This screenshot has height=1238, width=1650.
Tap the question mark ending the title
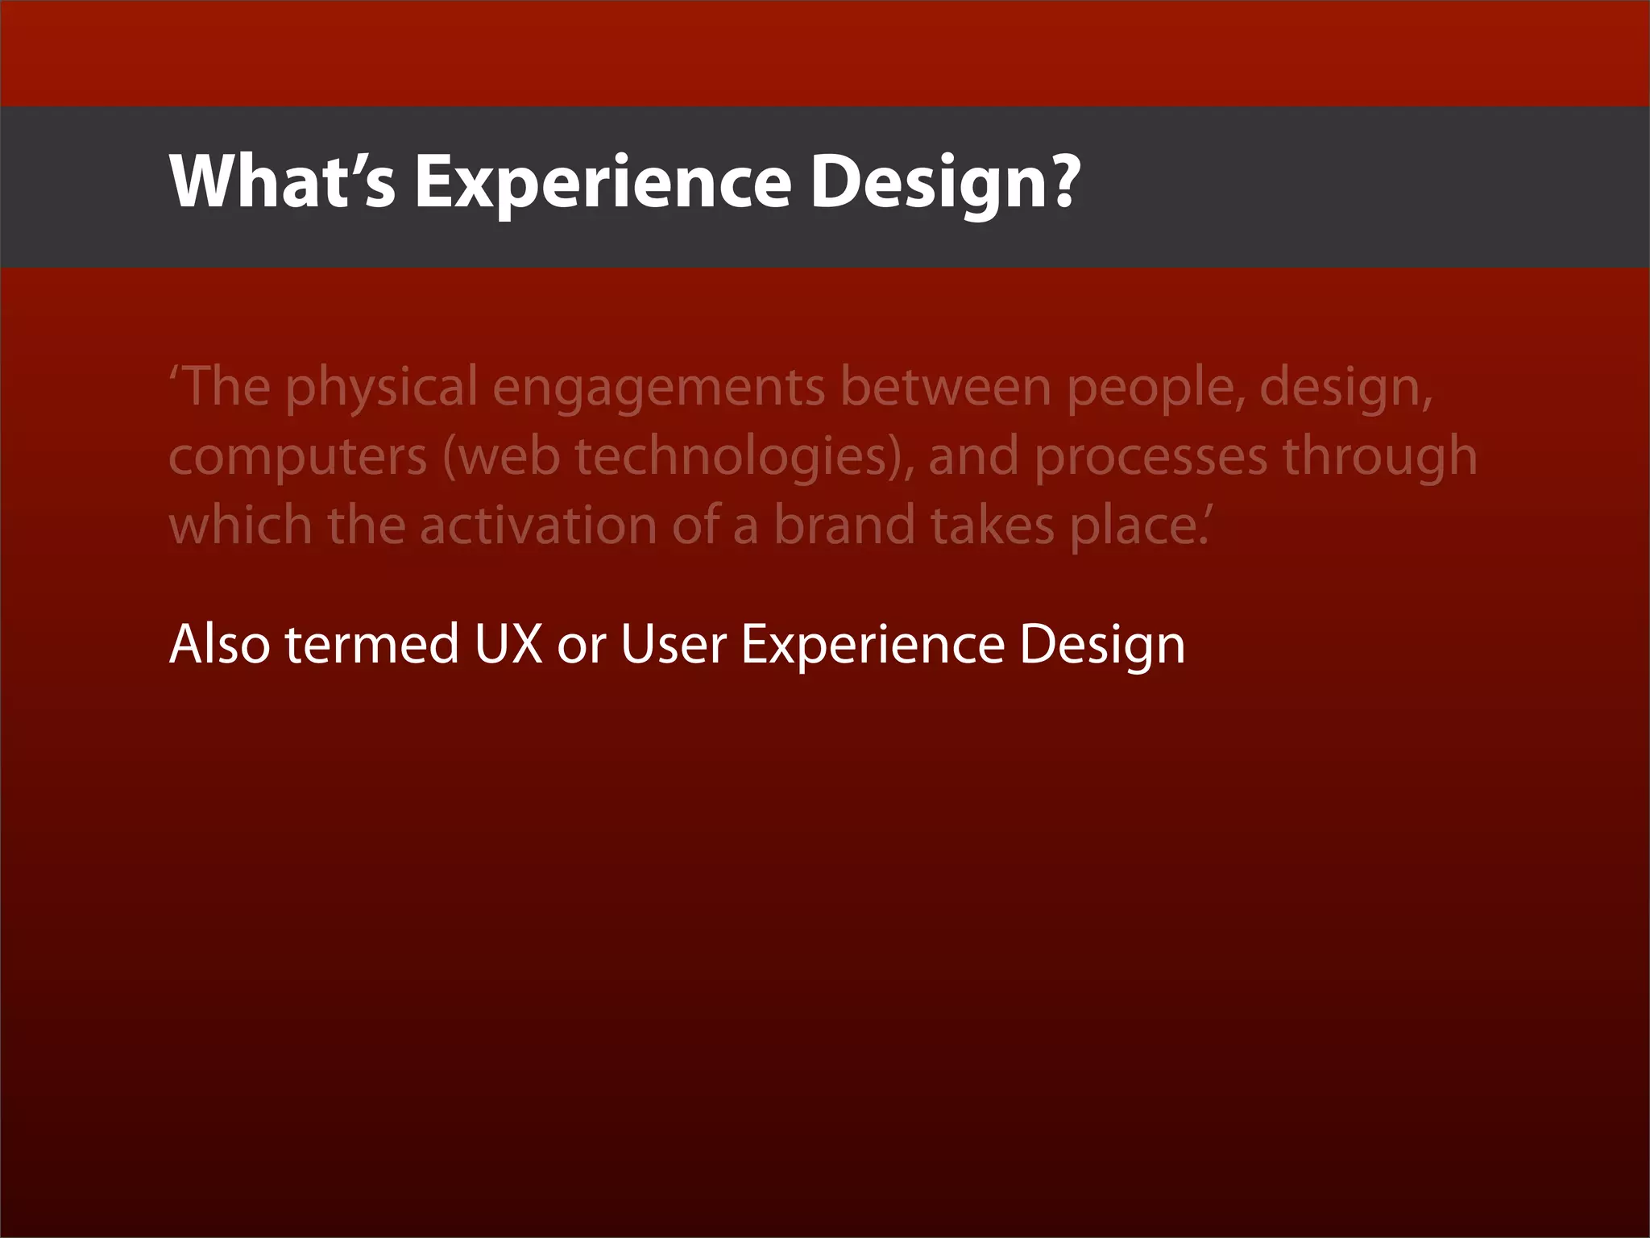click(x=1064, y=181)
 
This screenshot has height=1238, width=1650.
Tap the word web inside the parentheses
click(x=509, y=456)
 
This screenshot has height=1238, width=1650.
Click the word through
click(x=1379, y=457)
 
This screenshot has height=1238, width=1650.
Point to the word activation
click(x=538, y=526)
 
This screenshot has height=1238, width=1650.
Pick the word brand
click(x=844, y=525)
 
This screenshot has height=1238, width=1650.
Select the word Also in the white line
click(x=219, y=644)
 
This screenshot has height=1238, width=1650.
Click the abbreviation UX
click(x=509, y=644)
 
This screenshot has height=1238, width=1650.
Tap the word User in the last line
click(x=674, y=644)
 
